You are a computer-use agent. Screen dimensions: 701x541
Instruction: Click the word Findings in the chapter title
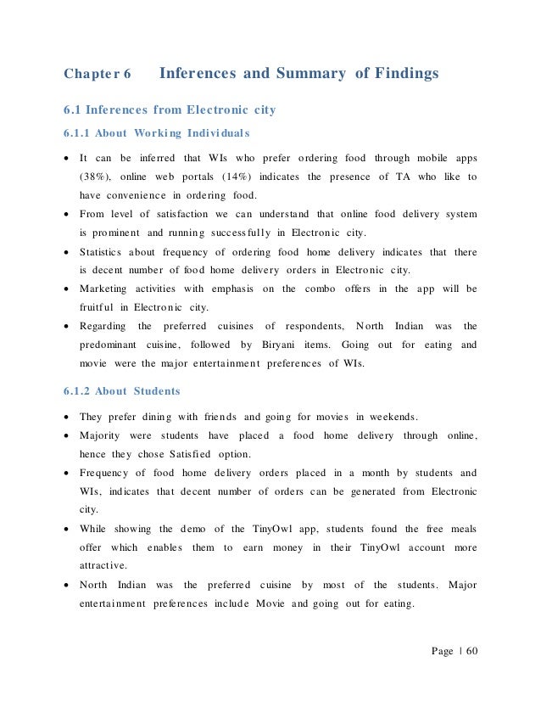397,74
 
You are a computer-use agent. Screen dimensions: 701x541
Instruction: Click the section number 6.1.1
77,133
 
